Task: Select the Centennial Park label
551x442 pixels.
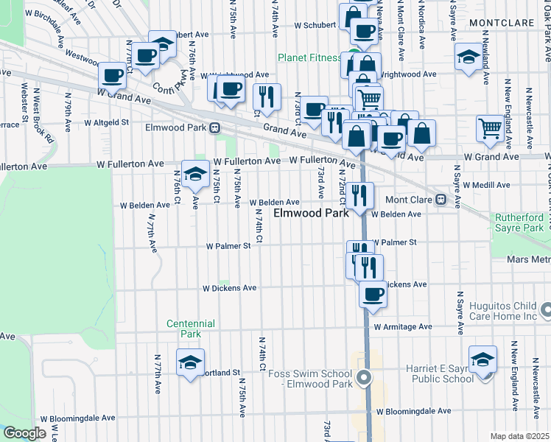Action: [x=190, y=329]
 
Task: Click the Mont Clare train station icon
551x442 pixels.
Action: [x=441, y=199]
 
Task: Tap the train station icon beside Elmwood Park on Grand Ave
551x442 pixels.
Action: [x=214, y=127]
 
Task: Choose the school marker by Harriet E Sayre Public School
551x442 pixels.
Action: [x=482, y=359]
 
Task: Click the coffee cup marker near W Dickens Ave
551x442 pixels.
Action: [x=373, y=294]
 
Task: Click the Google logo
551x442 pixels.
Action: [x=25, y=433]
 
